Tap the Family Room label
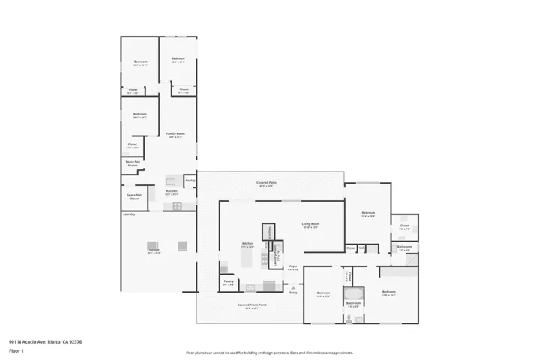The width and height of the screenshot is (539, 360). tap(175, 135)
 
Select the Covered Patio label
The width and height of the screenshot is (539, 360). tap(264, 183)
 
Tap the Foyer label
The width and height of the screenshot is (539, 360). tap(293, 267)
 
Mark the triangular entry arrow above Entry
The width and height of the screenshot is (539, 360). tap(293, 285)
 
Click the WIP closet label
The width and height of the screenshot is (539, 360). tap(361, 247)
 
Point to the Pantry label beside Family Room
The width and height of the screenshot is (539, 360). tap(190, 180)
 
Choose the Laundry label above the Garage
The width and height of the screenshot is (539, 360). tap(128, 214)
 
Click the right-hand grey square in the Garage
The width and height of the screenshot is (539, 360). tap(182, 245)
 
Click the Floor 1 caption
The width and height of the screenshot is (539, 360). tap(16, 350)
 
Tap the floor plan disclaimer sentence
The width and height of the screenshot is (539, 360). tap(269, 352)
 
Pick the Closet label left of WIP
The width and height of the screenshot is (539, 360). tap(350, 247)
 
